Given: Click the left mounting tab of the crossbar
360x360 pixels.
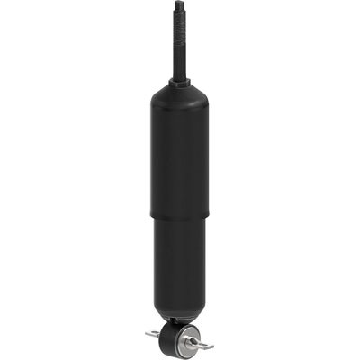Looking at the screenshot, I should pyautogui.click(x=151, y=335).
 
